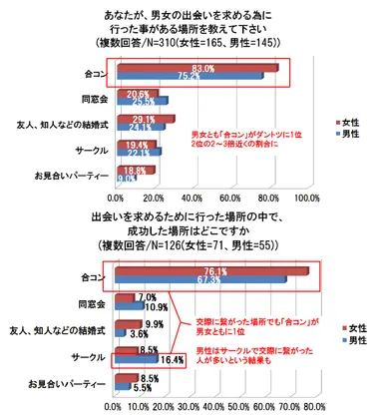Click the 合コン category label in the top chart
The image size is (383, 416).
[95, 72]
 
